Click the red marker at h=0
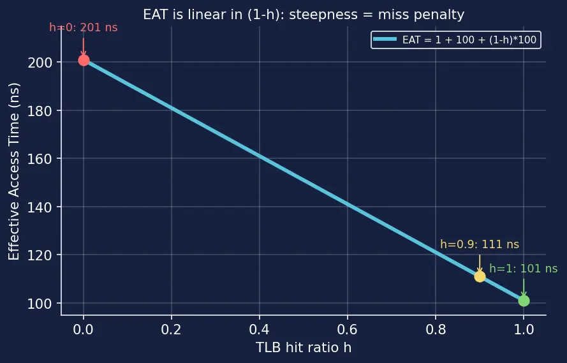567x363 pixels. click(x=84, y=60)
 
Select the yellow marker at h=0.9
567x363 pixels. click(x=480, y=277)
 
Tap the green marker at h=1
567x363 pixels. click(x=524, y=300)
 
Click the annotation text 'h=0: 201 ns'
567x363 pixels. click(x=84, y=27)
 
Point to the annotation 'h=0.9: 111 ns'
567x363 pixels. click(x=480, y=244)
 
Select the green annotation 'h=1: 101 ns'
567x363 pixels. click(x=523, y=269)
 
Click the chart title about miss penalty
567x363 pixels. click(x=304, y=15)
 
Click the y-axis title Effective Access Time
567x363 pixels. click(x=14, y=172)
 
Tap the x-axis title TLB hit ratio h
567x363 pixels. click(x=304, y=348)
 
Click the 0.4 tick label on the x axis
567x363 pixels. click(x=260, y=329)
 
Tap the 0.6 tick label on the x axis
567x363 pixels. click(x=348, y=329)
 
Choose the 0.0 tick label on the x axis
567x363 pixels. click(x=84, y=329)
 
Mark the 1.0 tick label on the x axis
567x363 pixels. click(x=524, y=329)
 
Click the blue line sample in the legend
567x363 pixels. click(x=385, y=40)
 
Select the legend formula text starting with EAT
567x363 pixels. click(x=469, y=40)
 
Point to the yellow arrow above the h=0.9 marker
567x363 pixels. click(x=480, y=263)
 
